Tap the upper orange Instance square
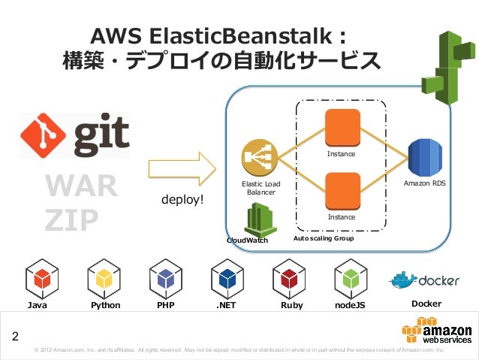pyautogui.click(x=341, y=128)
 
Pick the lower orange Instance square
pyautogui.click(x=341, y=192)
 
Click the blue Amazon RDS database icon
pyautogui.click(x=425, y=157)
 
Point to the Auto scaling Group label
pyautogui.click(x=323, y=238)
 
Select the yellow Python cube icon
pyautogui.click(x=104, y=279)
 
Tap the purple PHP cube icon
pyautogui.click(x=166, y=279)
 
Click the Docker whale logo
pyautogui.click(x=402, y=280)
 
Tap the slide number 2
pyautogui.click(x=14, y=335)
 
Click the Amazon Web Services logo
pyautogui.click(x=437, y=331)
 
